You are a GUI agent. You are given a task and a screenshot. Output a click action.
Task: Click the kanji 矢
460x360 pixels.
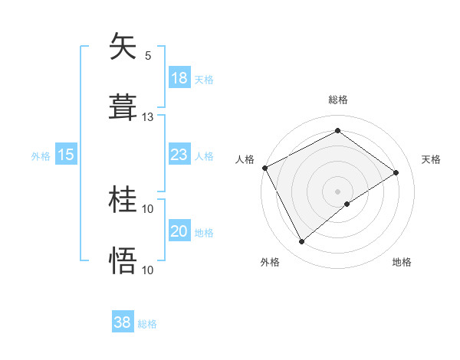(x=123, y=47)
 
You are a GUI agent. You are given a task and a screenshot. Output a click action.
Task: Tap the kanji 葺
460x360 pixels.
(x=123, y=107)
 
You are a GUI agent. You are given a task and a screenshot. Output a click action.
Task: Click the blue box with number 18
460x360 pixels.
(x=179, y=78)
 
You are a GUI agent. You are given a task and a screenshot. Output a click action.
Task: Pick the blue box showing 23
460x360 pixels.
(x=179, y=155)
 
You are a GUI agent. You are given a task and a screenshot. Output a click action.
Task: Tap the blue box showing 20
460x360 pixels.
(x=179, y=231)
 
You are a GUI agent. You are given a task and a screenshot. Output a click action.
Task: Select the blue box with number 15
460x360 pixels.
(x=66, y=155)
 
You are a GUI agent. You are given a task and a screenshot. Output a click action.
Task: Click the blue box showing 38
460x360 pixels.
(x=123, y=322)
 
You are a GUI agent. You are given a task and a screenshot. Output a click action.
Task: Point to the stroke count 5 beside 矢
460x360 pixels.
(x=148, y=55)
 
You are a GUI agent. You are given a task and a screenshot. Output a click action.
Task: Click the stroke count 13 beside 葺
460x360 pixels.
(x=148, y=116)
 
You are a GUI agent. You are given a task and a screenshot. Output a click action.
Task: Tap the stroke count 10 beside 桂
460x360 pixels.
(x=148, y=208)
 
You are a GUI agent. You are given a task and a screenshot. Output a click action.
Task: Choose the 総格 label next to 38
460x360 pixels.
(x=147, y=324)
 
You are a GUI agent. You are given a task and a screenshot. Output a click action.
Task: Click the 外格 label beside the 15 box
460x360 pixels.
(x=41, y=156)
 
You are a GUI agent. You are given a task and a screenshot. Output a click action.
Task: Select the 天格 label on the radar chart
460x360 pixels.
(x=432, y=159)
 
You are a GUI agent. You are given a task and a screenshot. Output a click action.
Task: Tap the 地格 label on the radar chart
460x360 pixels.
(x=402, y=262)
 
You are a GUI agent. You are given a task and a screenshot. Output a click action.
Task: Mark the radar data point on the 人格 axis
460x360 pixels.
(x=264, y=168)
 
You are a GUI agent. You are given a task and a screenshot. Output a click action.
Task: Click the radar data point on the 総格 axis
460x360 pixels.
(x=337, y=131)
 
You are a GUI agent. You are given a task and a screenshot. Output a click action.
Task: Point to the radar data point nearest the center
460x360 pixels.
(x=347, y=204)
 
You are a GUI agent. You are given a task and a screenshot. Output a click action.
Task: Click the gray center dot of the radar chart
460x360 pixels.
(x=337, y=191)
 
